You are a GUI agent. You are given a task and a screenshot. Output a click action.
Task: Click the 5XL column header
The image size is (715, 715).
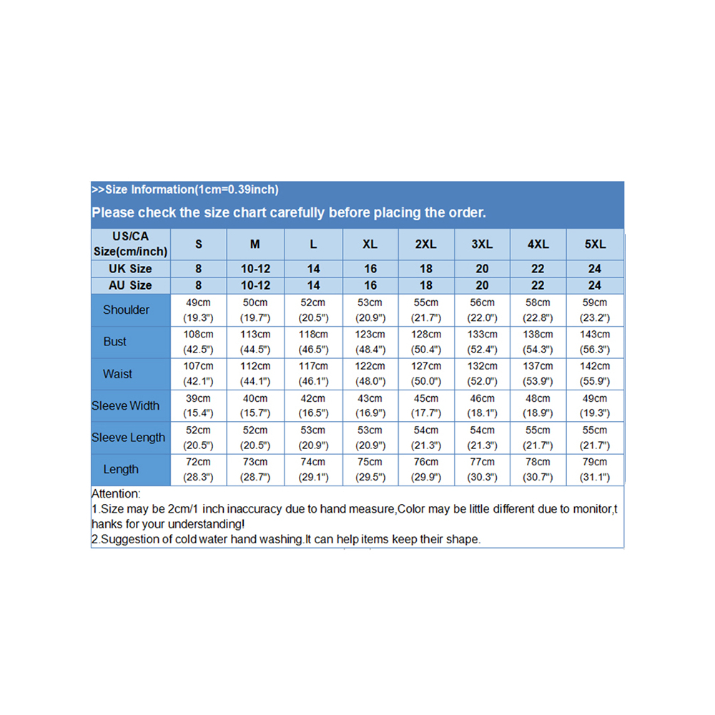pyautogui.click(x=594, y=245)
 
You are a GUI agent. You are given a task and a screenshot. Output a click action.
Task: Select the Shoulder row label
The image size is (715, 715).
pyautogui.click(x=127, y=310)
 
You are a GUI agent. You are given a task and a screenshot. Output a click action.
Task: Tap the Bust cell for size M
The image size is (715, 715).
pyautogui.click(x=255, y=342)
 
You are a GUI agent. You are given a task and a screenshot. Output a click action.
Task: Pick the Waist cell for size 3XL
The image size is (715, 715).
pyautogui.click(x=482, y=373)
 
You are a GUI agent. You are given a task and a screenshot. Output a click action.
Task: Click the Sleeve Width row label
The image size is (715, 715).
pyautogui.click(x=126, y=405)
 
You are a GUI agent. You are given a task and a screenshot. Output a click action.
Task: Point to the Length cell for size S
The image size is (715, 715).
pyautogui.click(x=198, y=469)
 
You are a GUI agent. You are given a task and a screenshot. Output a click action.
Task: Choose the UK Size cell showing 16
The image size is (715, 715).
pyautogui.click(x=370, y=269)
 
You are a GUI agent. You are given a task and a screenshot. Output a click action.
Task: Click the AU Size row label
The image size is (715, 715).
pyautogui.click(x=130, y=285)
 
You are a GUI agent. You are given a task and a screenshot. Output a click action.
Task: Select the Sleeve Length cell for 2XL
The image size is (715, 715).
pyautogui.click(x=426, y=437)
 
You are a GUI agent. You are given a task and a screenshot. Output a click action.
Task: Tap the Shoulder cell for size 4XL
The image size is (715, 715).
pyautogui.click(x=538, y=310)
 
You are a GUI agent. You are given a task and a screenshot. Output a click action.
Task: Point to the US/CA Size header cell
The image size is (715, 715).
pyautogui.click(x=130, y=244)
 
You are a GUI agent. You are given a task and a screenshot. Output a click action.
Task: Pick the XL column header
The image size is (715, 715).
pyautogui.click(x=370, y=245)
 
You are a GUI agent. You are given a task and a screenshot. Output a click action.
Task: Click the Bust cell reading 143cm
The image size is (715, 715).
pyautogui.click(x=594, y=335)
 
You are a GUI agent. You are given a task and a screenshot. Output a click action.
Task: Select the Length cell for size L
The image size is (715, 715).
pyautogui.click(x=313, y=469)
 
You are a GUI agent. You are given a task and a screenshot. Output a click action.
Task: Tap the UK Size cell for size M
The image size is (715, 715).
pyautogui.click(x=255, y=269)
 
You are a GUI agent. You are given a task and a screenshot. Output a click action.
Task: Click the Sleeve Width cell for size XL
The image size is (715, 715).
pyautogui.click(x=370, y=405)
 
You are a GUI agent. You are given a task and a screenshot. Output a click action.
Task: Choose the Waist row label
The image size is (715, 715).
pyautogui.click(x=117, y=373)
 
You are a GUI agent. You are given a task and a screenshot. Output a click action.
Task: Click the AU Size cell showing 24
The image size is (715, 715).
pyautogui.click(x=594, y=285)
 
